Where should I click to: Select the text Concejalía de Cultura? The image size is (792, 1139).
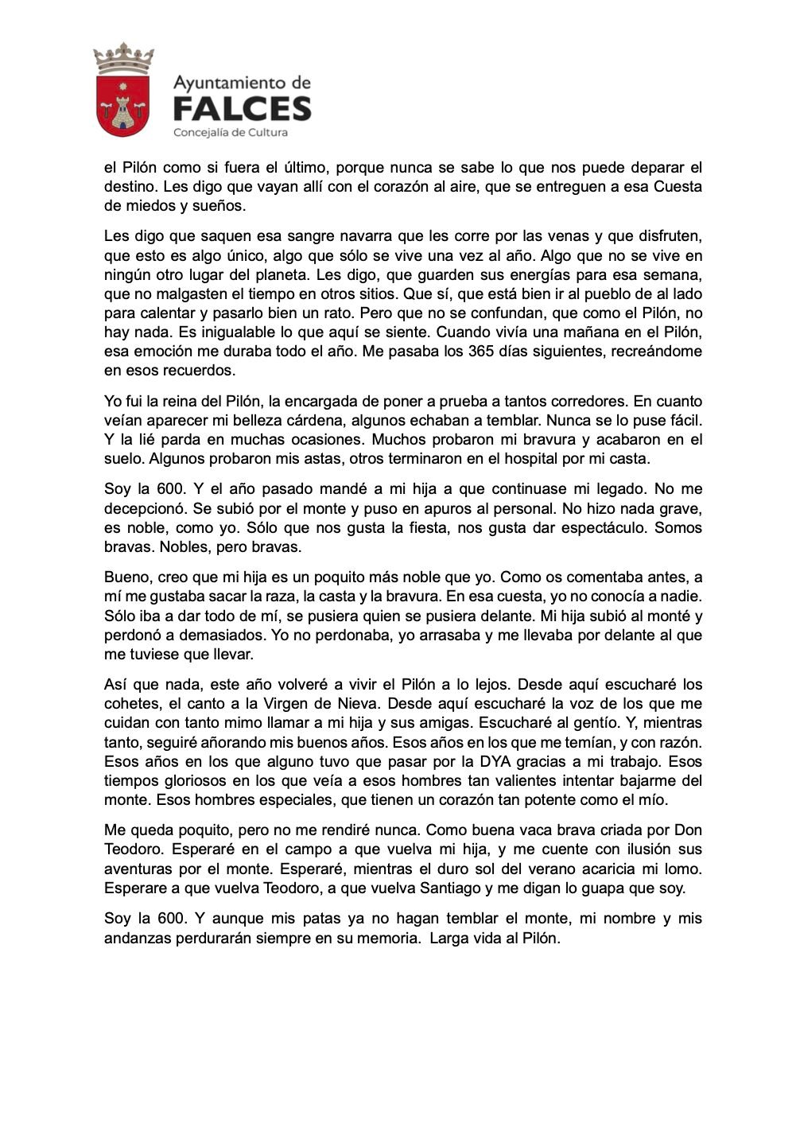230,132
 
